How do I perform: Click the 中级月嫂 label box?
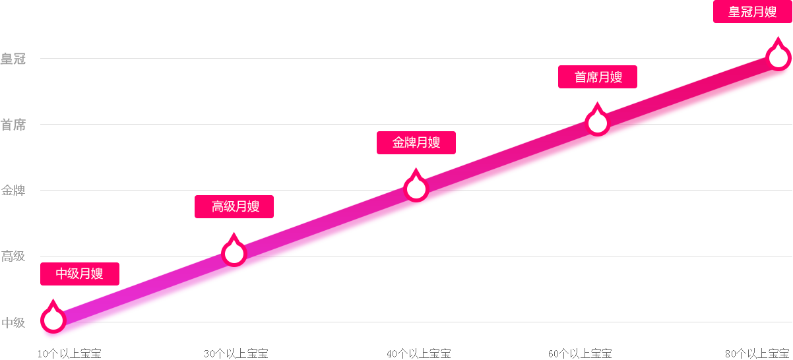tap(80, 274)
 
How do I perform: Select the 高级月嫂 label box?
tap(234, 206)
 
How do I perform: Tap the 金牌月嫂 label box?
tap(416, 142)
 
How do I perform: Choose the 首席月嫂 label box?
tap(598, 77)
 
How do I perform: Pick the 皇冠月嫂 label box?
tap(752, 12)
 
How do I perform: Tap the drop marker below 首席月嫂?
tap(598, 123)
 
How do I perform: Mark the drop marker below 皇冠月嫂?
tap(779, 57)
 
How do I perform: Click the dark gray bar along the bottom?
tap(409, 353)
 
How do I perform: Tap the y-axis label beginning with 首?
tap(13, 124)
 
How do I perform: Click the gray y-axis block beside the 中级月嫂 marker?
tap(13, 322)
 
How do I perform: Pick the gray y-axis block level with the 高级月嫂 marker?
tap(13, 256)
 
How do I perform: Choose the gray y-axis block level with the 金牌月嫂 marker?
tap(13, 190)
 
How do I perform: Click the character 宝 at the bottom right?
tap(785, 353)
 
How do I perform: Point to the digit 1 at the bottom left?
tap(40, 354)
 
